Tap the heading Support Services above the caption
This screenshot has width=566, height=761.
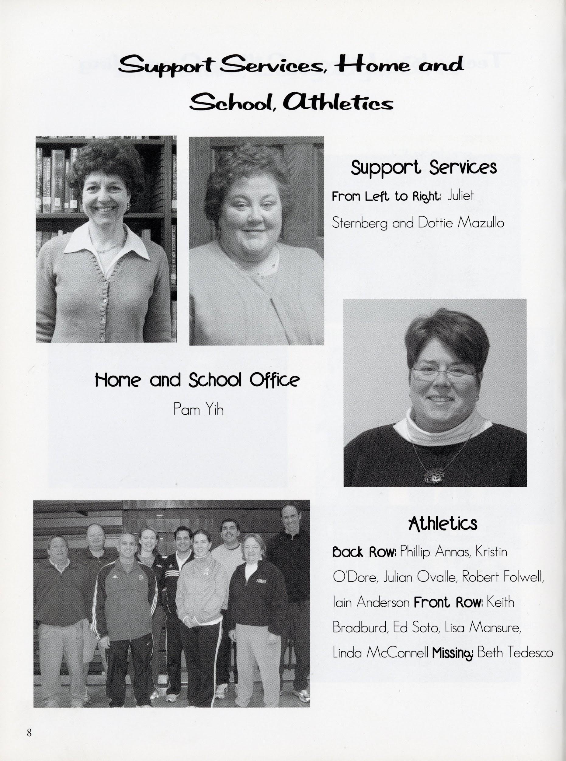423,168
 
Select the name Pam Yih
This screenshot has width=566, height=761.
198,409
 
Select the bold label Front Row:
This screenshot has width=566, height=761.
448,602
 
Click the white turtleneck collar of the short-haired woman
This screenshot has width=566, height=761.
442,425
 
